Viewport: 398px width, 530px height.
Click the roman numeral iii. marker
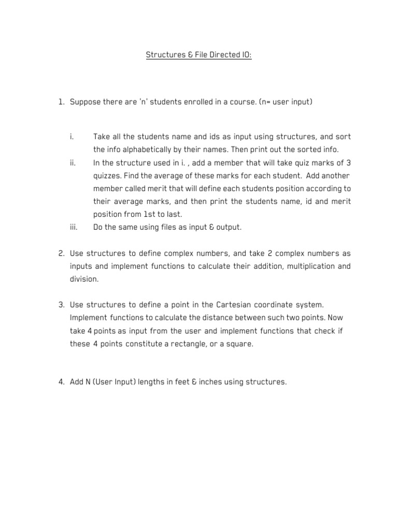coord(73,227)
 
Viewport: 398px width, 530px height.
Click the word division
coord(84,279)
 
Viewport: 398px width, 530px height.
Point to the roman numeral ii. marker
coord(73,163)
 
